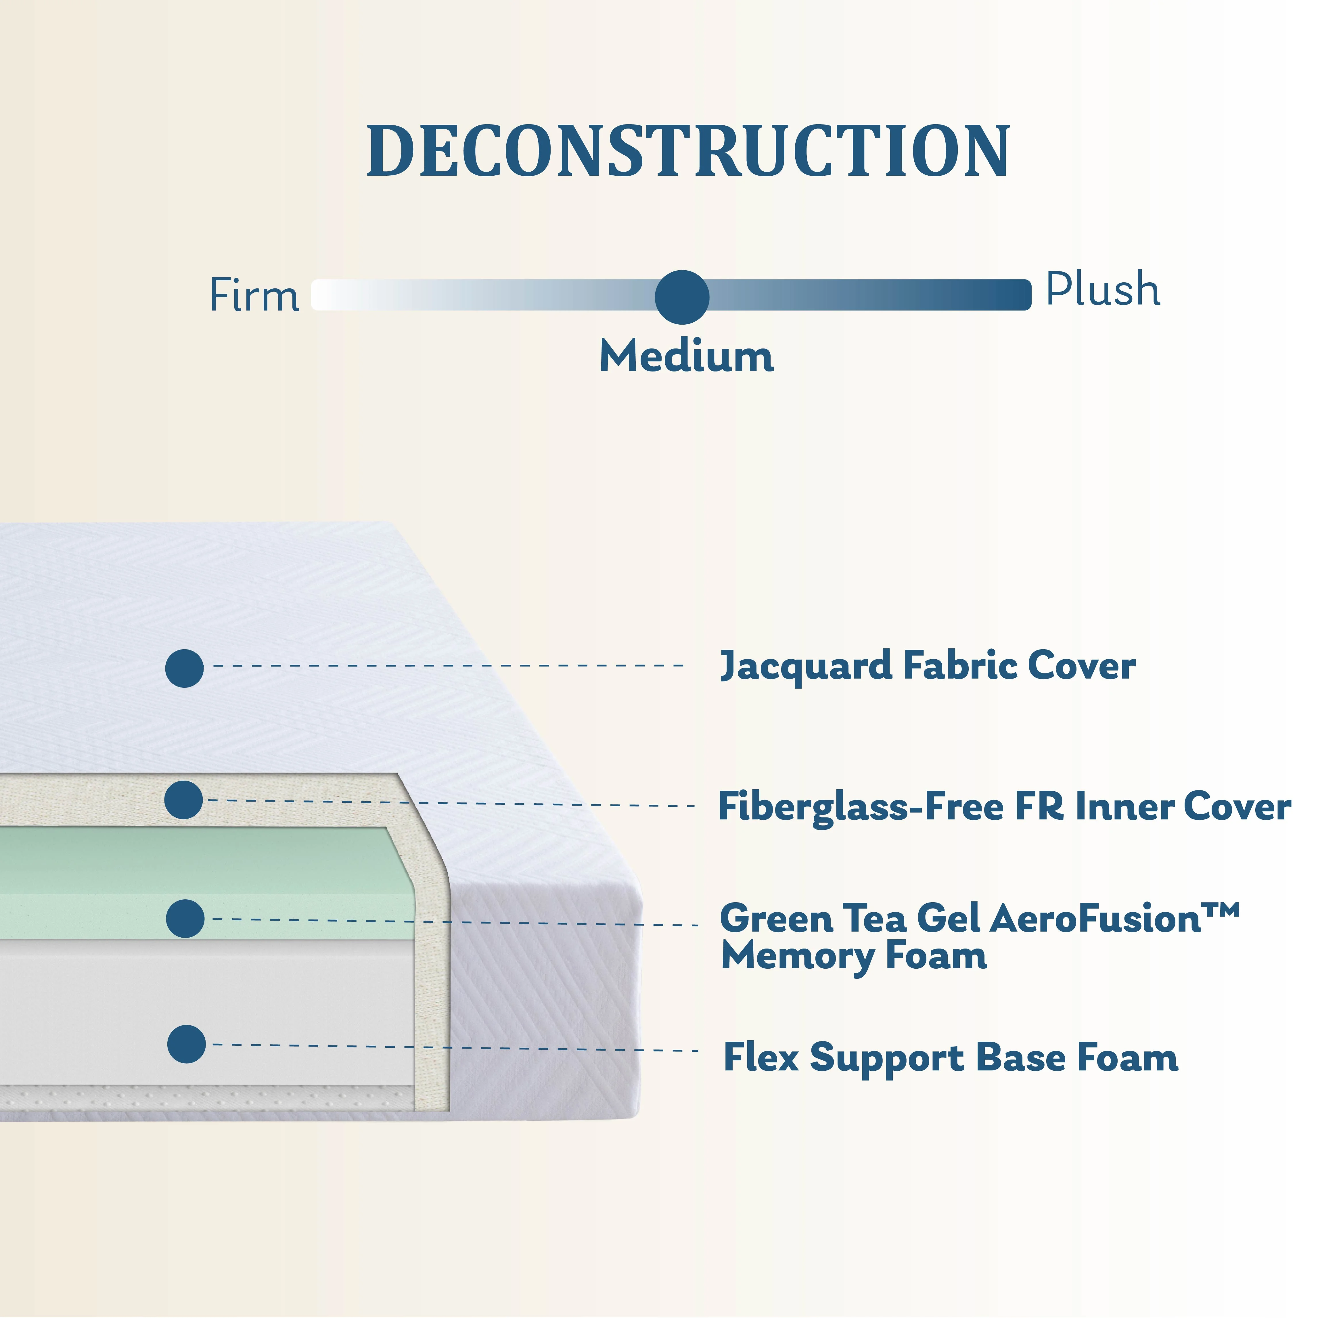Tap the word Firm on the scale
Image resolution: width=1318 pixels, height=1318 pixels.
coord(254,295)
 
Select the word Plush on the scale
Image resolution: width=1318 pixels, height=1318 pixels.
coord(1102,289)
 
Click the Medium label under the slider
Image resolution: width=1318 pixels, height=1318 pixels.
coord(686,356)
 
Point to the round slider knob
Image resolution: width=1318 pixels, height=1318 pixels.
coord(681,297)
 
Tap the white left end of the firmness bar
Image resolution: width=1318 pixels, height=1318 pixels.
coord(327,295)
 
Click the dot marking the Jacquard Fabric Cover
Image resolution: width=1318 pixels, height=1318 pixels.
coord(184,668)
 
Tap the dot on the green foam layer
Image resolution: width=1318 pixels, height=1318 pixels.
coord(185,918)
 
